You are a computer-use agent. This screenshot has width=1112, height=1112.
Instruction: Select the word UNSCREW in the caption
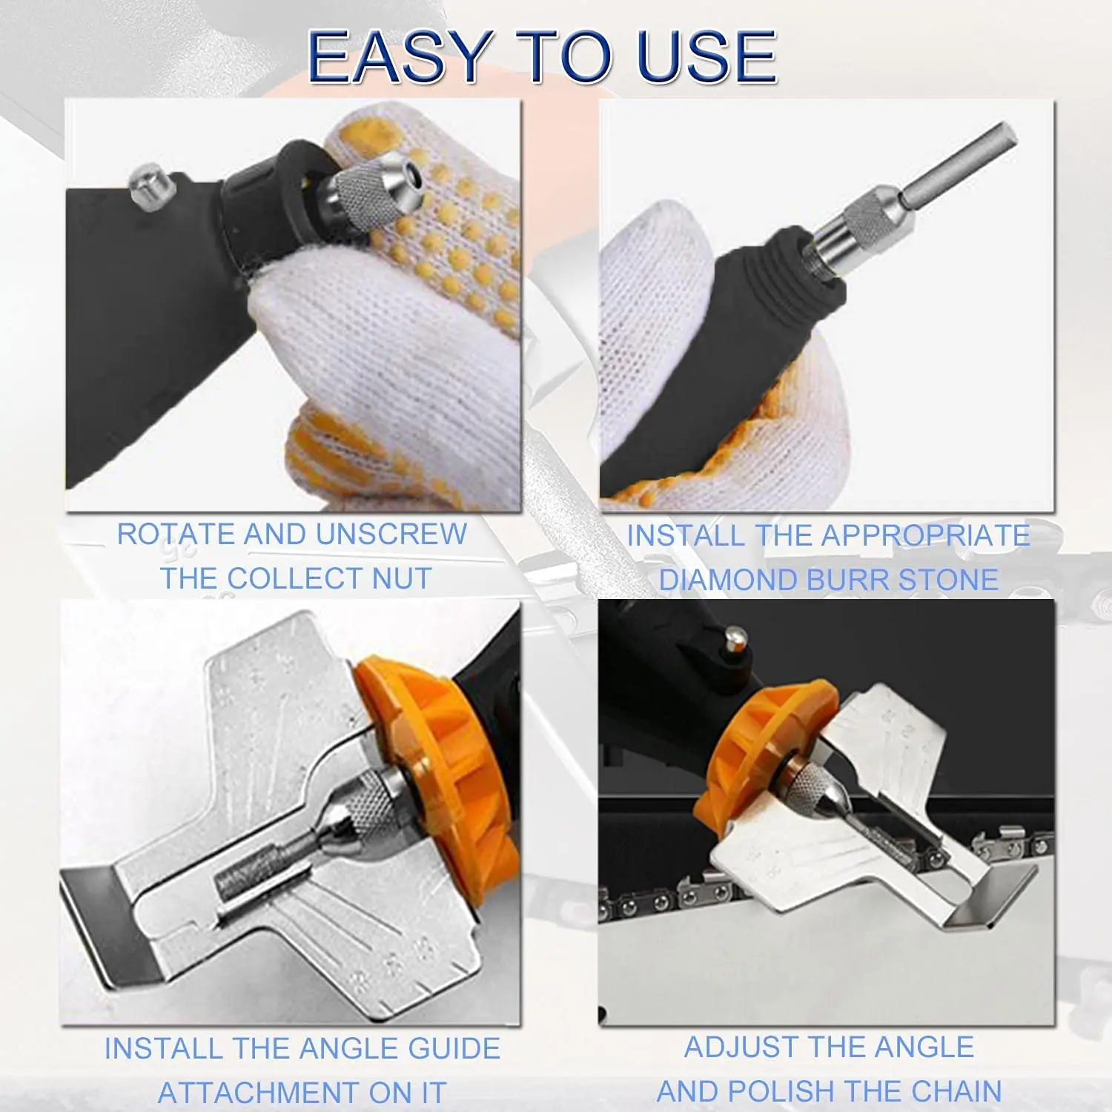point(391,534)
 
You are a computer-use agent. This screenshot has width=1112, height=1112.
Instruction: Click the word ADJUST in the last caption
point(735,1047)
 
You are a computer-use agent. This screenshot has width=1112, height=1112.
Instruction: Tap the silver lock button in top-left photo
point(147,185)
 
